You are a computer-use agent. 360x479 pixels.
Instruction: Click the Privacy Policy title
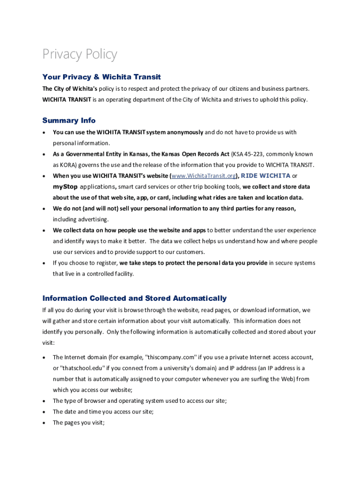pos(79,55)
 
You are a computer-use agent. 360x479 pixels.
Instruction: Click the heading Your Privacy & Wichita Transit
pos(101,77)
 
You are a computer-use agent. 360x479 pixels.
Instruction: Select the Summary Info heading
pos(69,120)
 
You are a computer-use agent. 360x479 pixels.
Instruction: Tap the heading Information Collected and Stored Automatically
pos(134,298)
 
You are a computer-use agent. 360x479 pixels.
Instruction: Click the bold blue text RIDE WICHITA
pos(266,176)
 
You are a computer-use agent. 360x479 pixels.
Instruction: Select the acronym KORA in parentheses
pos(69,165)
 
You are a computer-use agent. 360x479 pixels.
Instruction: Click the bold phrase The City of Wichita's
pos(70,88)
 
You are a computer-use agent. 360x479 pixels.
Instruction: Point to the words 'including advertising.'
pos(80,219)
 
